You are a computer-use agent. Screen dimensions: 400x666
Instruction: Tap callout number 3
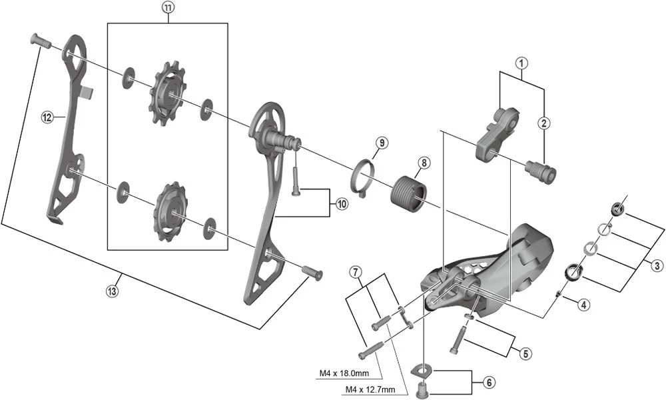[657, 266]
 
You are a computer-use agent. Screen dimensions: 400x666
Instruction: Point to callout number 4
[583, 305]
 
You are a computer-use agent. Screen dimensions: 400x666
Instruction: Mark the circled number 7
[356, 272]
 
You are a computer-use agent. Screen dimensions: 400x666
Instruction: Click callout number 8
[424, 163]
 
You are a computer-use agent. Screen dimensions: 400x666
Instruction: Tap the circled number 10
[342, 204]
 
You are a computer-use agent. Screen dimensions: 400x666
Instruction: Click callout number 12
[47, 117]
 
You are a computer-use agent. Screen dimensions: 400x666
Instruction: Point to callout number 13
[120, 289]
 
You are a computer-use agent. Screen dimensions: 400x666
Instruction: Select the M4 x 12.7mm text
[369, 389]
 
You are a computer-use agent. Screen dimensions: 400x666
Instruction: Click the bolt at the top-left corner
[40, 41]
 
